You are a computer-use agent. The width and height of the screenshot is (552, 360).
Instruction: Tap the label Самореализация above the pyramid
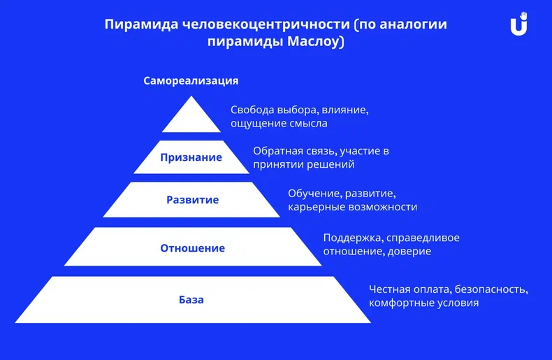[x=191, y=80]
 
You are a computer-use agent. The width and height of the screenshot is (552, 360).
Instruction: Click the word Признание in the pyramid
[x=191, y=157]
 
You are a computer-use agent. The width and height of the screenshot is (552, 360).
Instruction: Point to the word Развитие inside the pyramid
[x=192, y=200]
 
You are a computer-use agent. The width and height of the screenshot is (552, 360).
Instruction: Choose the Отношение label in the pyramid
[x=192, y=248]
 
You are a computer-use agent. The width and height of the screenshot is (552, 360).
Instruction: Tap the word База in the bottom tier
[x=191, y=300]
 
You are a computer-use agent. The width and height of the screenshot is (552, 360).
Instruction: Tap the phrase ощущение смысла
[x=279, y=124]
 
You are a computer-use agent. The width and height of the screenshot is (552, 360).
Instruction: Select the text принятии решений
[x=304, y=165]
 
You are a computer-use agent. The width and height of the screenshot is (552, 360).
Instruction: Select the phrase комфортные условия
[x=423, y=303]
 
